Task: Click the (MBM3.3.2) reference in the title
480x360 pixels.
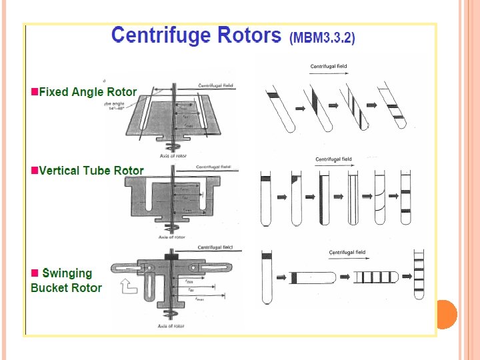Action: [323, 38]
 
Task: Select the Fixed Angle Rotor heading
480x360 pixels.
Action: [87, 92]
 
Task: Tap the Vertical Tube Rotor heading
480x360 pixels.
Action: [91, 170]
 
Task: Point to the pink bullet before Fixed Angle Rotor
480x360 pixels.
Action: [35, 92]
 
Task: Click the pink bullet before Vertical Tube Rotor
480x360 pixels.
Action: [35, 170]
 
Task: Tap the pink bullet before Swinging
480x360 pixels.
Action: [35, 273]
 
